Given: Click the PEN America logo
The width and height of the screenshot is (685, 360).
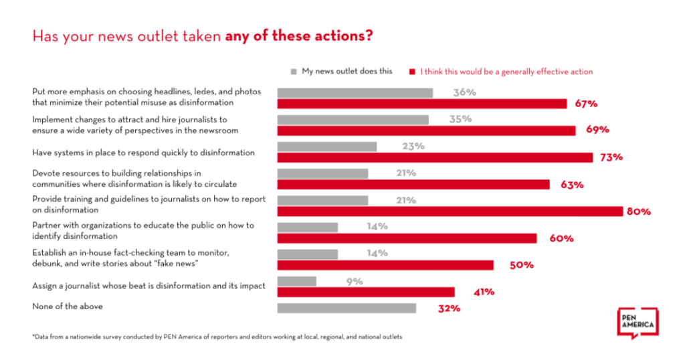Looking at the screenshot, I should coord(636,324).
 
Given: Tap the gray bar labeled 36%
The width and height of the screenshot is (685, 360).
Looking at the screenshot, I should coord(355,92).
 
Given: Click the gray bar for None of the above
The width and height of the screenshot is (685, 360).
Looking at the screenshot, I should coord(346,308).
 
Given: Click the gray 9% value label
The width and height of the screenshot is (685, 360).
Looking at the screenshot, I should coord(355,281).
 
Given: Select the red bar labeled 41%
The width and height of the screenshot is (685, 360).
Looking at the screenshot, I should coord(365,292).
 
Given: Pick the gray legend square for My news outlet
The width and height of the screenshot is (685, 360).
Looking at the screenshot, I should coord(294,71).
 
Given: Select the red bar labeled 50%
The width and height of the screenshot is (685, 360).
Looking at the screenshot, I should coord(385,265).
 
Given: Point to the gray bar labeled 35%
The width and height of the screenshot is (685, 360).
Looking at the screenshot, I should coord(353,119).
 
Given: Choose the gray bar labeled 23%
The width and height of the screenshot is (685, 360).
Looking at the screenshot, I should coord(326,147).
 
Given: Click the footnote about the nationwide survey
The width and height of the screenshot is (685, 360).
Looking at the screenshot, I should coord(217,337).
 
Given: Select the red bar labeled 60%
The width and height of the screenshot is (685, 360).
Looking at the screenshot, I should coord(406,238).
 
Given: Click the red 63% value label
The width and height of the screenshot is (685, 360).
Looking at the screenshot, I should coord(571,184).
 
